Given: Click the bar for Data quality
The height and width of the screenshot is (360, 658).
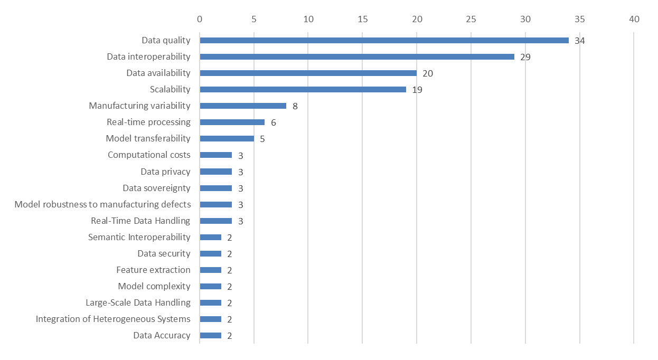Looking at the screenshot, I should [x=384, y=40].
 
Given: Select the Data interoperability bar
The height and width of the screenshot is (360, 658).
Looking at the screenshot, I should [x=357, y=56].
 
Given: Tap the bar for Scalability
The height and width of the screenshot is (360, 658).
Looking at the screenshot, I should [x=303, y=89].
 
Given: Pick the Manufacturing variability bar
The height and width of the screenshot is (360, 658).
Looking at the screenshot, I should [x=243, y=106].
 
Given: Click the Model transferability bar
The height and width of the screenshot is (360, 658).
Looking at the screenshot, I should [x=227, y=138].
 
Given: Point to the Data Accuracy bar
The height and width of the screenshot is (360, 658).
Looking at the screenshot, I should [x=210, y=335].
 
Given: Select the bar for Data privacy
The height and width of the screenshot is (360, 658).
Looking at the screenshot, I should [x=215, y=172].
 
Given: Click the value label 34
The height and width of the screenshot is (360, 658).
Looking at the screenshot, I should [x=580, y=41].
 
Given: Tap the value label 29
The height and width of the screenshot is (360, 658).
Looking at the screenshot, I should [x=525, y=57].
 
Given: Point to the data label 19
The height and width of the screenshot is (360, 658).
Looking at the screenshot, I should [x=417, y=90].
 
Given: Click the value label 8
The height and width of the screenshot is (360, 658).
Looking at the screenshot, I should [x=295, y=106].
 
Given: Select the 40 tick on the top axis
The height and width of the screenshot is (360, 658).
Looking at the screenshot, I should [x=634, y=19].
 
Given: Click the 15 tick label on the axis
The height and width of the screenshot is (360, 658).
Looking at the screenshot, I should [x=362, y=19].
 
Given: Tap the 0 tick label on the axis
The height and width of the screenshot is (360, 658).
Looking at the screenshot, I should [x=200, y=19].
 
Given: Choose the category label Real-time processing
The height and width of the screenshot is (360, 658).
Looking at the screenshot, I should [x=148, y=122].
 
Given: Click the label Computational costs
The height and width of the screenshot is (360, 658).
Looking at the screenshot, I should [x=149, y=155].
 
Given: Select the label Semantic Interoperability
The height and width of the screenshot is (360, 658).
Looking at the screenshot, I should [x=139, y=237].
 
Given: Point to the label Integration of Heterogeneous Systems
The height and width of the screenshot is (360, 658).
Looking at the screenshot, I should [x=113, y=319].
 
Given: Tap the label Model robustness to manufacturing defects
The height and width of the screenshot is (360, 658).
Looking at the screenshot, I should [x=102, y=204].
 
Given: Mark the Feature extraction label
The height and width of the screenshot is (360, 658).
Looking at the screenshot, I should [x=153, y=270].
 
